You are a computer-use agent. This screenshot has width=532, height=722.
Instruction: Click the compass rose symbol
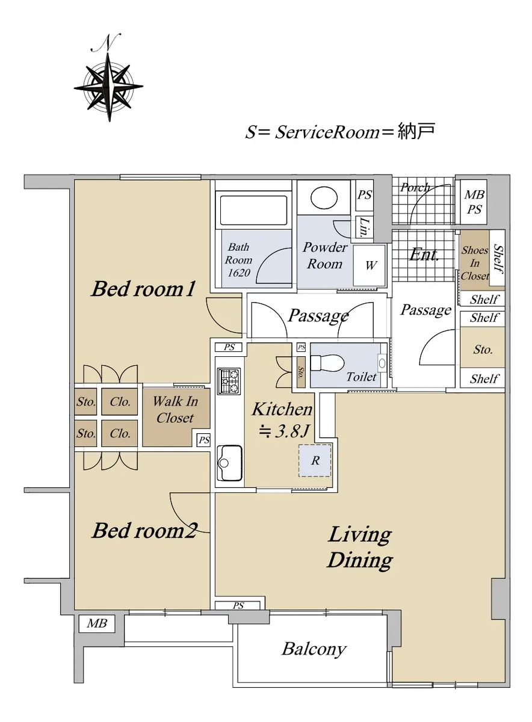[x=109, y=87]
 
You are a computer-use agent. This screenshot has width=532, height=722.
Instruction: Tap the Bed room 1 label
[x=143, y=288]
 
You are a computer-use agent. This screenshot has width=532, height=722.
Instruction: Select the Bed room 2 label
[x=144, y=530]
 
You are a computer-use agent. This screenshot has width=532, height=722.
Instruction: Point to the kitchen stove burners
[x=229, y=381]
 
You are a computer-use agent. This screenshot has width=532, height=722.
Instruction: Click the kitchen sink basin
[x=229, y=463]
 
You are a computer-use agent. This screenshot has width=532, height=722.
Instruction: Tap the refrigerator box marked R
[x=315, y=461]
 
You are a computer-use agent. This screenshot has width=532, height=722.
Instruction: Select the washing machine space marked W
[x=370, y=265]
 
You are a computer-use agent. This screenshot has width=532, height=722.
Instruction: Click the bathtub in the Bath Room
[x=253, y=211]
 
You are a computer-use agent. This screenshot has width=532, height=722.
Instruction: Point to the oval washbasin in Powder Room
[x=324, y=197]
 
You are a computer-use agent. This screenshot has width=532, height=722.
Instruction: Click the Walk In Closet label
[x=175, y=410]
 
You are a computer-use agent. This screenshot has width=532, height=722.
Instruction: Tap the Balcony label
[x=314, y=649]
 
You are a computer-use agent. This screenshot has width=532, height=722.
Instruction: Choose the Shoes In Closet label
[x=475, y=263]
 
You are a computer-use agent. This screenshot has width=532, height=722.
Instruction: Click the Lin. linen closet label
[x=365, y=227]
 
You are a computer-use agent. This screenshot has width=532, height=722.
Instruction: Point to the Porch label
[x=415, y=187]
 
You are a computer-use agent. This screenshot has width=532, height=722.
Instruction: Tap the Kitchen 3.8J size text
[x=283, y=431]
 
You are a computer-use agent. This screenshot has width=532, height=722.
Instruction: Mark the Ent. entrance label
[x=424, y=255]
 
